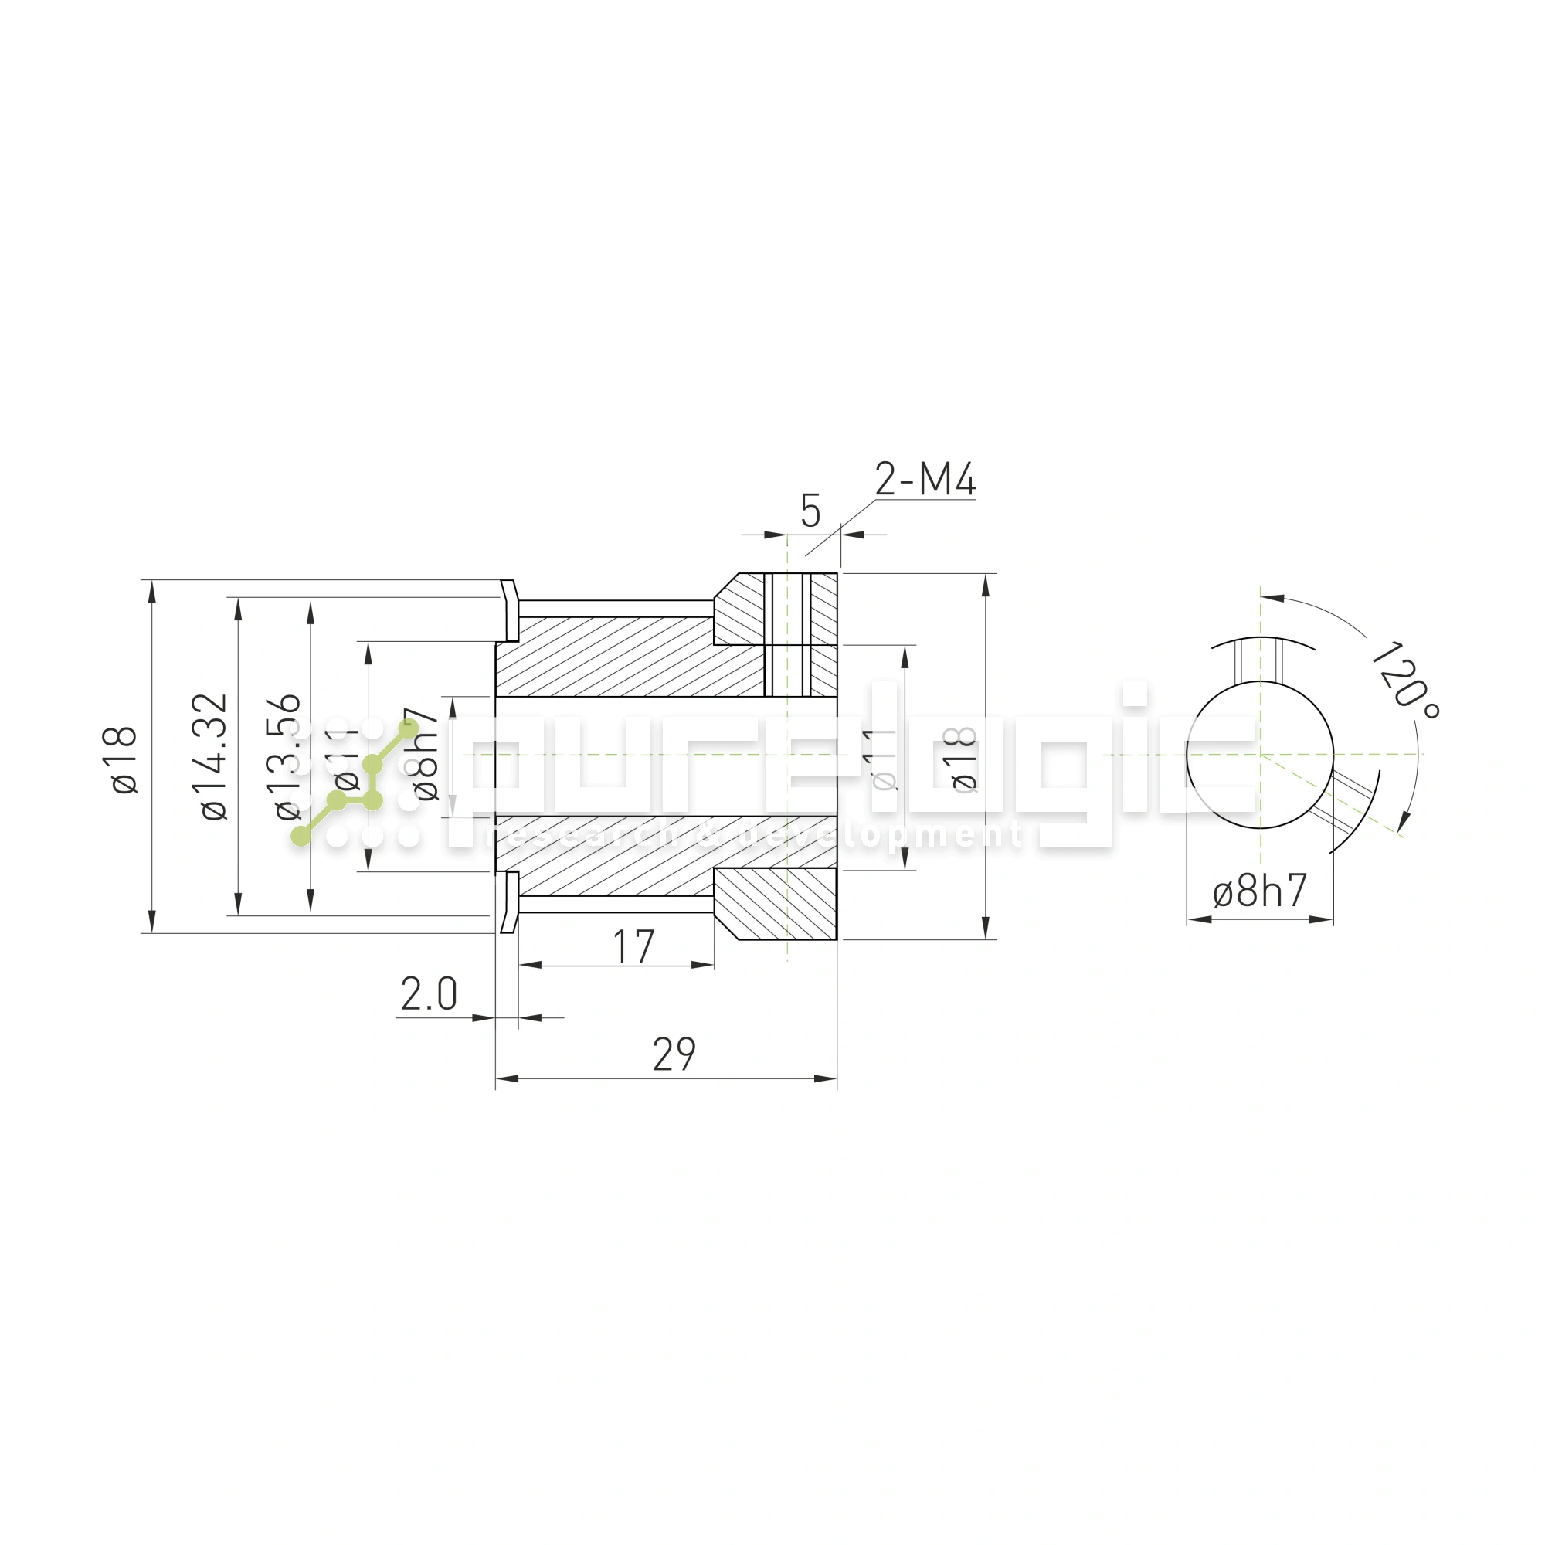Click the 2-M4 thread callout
925,480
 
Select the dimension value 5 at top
810,512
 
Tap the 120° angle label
1404,680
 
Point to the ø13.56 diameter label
287,756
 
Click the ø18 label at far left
124,759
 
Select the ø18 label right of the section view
965,759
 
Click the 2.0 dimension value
429,994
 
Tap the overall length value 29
674,1054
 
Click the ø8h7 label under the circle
1259,891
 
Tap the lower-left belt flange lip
509,903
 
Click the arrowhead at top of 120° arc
1272,597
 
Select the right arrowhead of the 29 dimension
825,1078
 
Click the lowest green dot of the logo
301,837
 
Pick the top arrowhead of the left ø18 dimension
152,591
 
